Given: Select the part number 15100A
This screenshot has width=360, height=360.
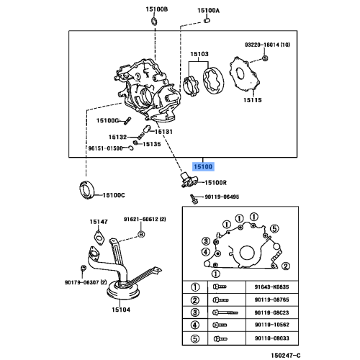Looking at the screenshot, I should click(x=209, y=11).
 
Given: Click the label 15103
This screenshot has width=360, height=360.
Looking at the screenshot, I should click(x=199, y=55).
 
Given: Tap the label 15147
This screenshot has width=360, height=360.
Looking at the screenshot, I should click(x=99, y=221).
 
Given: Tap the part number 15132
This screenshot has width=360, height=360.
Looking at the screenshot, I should click(x=117, y=137).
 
